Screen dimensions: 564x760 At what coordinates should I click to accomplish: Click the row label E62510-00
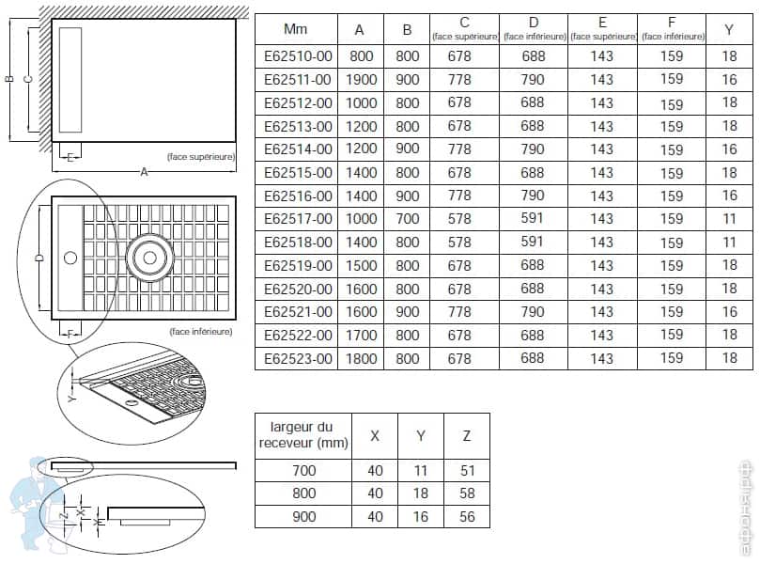tap(298, 56)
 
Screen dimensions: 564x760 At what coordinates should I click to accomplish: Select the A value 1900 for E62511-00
tap(362, 80)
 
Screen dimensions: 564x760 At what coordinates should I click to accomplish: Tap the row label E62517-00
tap(298, 219)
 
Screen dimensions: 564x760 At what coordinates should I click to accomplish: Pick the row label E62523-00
tap(298, 358)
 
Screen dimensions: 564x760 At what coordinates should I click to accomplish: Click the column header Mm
tap(296, 30)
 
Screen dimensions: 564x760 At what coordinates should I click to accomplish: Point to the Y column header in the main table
tap(730, 30)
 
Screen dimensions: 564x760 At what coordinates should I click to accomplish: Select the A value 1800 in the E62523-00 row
tap(362, 358)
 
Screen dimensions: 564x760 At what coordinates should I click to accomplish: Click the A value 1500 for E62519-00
tap(362, 266)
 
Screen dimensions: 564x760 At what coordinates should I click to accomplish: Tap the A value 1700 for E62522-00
tap(362, 336)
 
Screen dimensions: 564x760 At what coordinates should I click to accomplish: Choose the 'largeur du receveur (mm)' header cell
tap(302, 435)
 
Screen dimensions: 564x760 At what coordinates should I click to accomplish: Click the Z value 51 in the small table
tap(467, 471)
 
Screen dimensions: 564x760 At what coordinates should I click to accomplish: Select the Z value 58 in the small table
tap(467, 493)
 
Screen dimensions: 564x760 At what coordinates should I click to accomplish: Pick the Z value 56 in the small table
tap(467, 517)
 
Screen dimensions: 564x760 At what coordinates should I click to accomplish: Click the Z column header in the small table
tap(467, 435)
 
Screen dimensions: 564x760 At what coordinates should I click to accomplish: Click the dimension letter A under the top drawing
tap(143, 172)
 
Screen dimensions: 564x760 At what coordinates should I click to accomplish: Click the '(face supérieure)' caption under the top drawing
tap(199, 157)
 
